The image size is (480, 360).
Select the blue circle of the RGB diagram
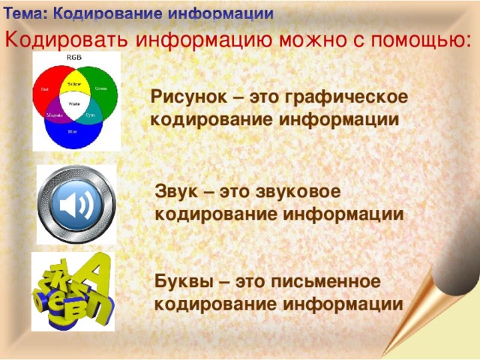pyautogui.click(x=73, y=135)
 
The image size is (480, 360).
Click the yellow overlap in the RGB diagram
pyautogui.click(x=74, y=83)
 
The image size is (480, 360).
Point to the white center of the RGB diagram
pyautogui.click(x=74, y=103)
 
